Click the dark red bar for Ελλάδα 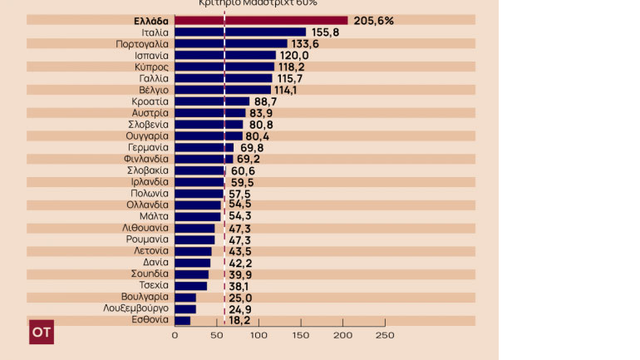[x=261, y=21]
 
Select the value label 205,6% [x=373, y=21]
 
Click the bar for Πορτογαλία [x=230, y=44]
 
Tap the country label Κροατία [x=150, y=101]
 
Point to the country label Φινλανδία [x=146, y=159]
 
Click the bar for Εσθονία [x=182, y=320]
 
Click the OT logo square [x=42, y=331]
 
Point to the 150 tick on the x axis [x=300, y=335]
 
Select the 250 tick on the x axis [x=384, y=335]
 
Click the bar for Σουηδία [x=191, y=274]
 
